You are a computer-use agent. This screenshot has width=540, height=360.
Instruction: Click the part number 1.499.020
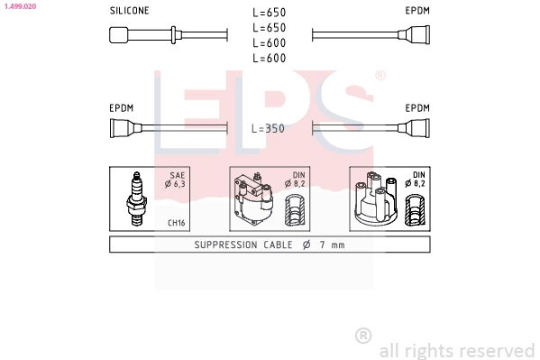20,6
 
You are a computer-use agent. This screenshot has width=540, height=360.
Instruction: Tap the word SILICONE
129,11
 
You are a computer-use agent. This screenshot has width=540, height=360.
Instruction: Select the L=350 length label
268,129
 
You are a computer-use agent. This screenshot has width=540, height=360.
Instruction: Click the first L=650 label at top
269,13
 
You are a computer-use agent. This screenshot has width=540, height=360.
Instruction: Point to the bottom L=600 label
269,58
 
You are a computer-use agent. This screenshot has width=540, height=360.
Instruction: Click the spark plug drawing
137,199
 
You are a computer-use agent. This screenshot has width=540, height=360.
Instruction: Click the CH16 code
177,223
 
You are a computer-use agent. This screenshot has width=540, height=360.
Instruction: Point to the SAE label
178,175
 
